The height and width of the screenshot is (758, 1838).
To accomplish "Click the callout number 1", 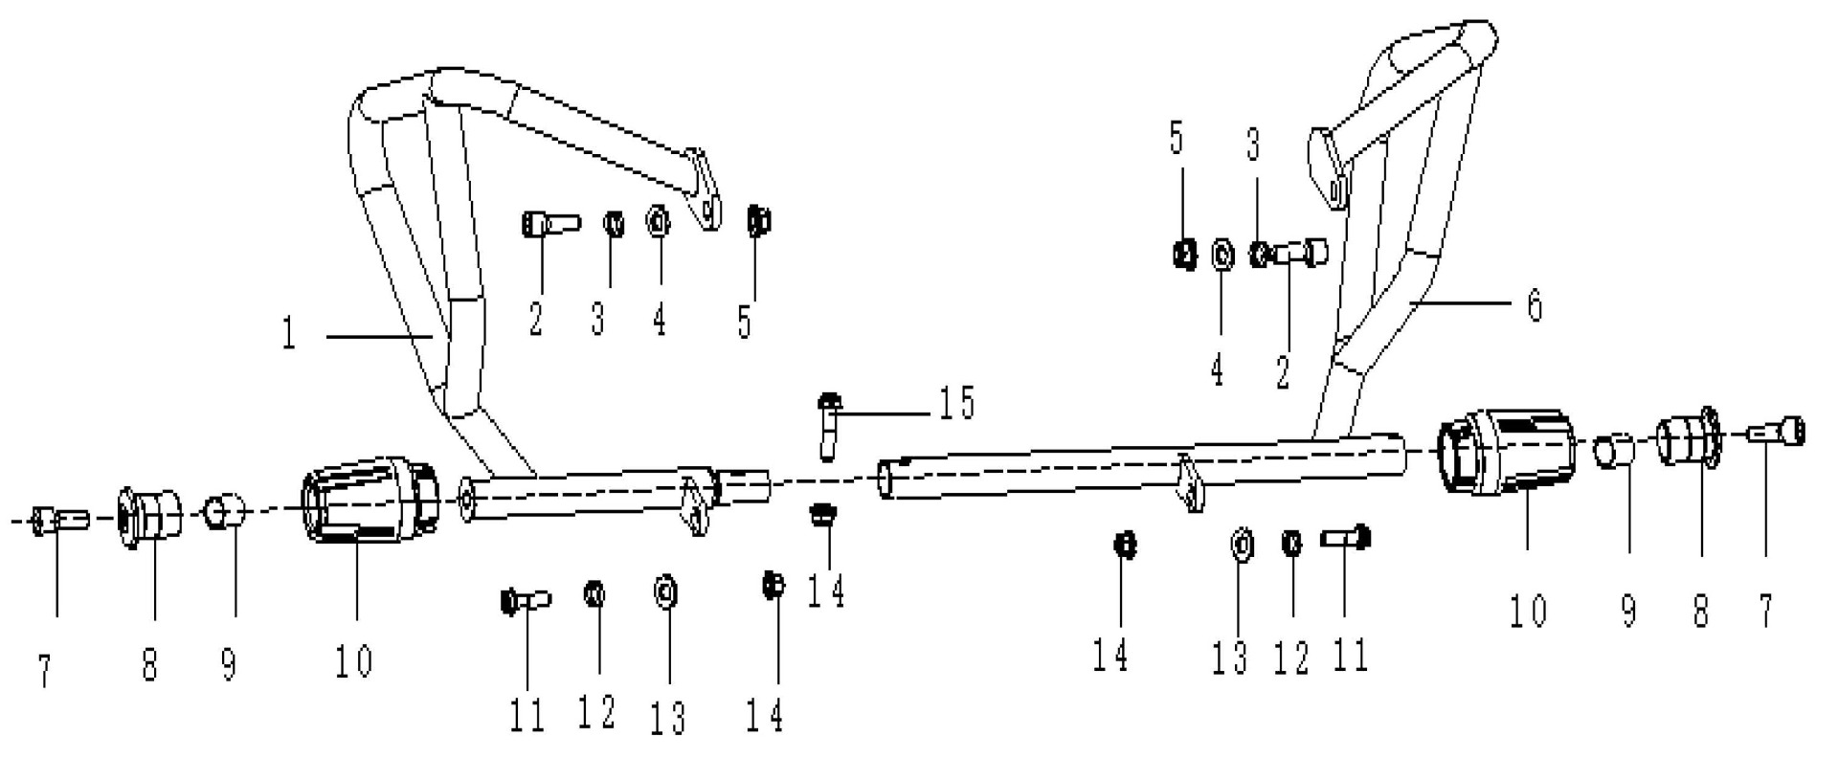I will tap(287, 335).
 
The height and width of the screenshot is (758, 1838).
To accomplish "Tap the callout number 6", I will tap(1534, 305).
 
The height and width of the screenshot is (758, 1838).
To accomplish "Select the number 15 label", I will tap(954, 403).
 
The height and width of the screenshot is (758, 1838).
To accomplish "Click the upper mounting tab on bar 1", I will tap(706, 197).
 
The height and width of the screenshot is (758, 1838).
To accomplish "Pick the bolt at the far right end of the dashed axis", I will tap(1780, 432).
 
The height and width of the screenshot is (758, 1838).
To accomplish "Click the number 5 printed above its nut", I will tap(1177, 138).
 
